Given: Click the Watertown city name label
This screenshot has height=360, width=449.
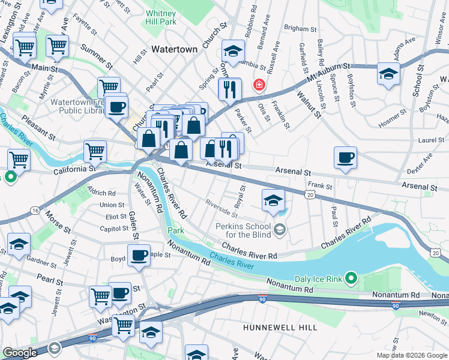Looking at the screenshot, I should (x=174, y=49).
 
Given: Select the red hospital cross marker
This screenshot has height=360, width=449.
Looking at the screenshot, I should (x=259, y=85).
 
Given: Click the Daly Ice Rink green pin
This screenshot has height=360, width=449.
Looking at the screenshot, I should (x=352, y=279).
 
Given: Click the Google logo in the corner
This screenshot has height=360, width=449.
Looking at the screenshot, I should (x=20, y=353).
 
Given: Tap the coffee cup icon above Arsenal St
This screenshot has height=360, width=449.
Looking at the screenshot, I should (x=345, y=158).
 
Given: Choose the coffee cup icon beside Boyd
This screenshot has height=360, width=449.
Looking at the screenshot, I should (x=139, y=256).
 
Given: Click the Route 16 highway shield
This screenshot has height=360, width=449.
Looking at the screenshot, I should (x=35, y=211).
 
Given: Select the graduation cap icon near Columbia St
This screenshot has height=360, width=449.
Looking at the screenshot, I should (x=233, y=50).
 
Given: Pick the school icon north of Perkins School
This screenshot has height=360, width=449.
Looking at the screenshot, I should (x=273, y=200).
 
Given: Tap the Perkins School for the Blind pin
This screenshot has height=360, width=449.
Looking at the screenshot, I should (x=279, y=229).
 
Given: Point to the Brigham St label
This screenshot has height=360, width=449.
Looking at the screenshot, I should (x=300, y=28).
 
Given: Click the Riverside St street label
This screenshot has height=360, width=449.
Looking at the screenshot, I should (x=220, y=208).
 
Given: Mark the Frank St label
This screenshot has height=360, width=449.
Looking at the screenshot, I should (x=320, y=187).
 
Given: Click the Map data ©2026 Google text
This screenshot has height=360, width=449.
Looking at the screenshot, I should (x=411, y=355).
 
